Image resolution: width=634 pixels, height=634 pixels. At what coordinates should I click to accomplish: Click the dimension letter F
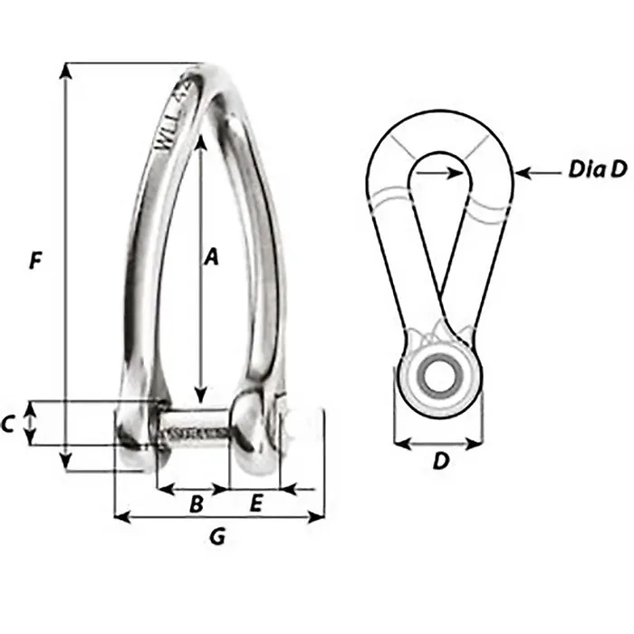[34, 263]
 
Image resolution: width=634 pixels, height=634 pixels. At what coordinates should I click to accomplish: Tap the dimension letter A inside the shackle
[211, 257]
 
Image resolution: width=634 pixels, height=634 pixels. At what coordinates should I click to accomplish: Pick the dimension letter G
[217, 538]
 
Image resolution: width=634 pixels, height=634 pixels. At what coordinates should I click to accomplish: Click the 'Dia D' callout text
[598, 169]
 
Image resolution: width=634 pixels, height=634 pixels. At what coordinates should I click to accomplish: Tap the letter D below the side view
[440, 462]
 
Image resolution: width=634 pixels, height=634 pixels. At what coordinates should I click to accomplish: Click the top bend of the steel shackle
[214, 77]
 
